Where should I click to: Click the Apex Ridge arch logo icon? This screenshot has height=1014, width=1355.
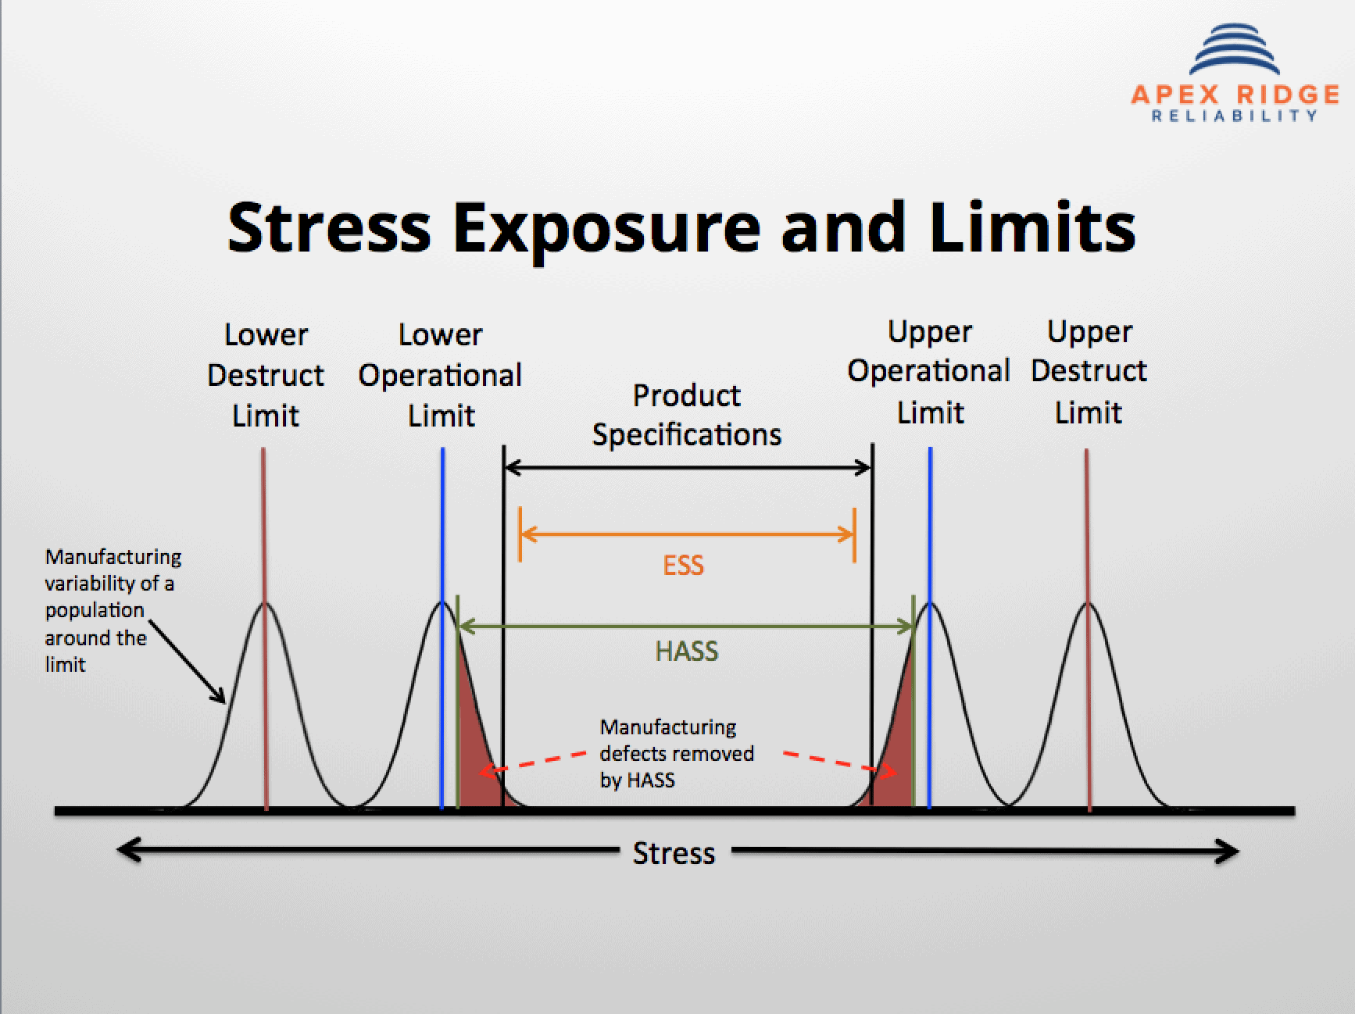click(x=1234, y=51)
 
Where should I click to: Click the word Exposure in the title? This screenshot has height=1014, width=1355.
click(x=606, y=228)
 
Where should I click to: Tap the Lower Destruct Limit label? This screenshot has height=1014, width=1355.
click(x=266, y=375)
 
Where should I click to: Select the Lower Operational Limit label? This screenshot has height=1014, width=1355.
click(x=440, y=375)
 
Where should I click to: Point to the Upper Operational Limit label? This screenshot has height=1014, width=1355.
click(x=929, y=372)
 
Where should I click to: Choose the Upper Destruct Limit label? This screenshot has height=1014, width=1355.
click(x=1089, y=372)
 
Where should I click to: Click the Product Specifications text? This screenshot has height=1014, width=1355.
click(x=686, y=415)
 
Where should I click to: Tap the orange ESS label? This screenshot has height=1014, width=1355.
click(x=683, y=565)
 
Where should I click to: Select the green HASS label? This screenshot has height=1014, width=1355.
click(x=686, y=651)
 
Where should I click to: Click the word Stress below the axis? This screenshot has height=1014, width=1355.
click(x=674, y=853)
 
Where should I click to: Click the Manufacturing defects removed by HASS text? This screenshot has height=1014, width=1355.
click(x=675, y=754)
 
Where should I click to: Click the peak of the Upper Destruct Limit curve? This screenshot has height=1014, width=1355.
click(x=1087, y=604)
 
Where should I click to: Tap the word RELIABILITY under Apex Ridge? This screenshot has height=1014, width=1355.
click(x=1235, y=116)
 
